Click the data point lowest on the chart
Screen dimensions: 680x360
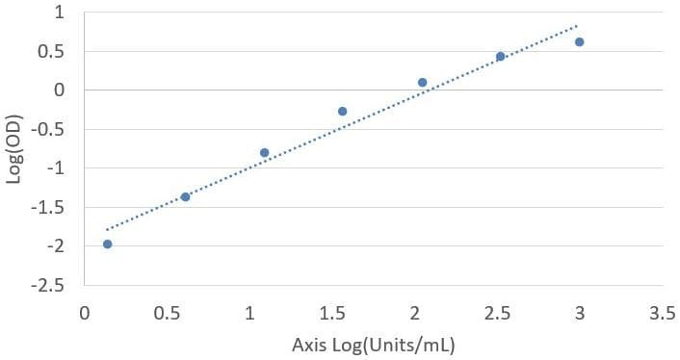[108, 244]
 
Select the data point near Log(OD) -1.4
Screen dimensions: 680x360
[185, 197]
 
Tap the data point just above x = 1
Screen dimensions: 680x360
[265, 152]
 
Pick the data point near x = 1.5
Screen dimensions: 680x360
[342, 112]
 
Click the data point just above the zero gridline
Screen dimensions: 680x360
[423, 83]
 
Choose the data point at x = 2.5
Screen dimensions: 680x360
[501, 57]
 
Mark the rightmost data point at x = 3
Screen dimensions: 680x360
[580, 42]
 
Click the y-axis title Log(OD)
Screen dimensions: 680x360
[13, 149]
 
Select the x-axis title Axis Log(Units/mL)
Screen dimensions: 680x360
[374, 346]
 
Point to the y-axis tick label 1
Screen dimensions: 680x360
[59, 13]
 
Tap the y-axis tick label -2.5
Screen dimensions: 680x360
[48, 286]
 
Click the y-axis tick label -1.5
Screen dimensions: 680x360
[48, 208]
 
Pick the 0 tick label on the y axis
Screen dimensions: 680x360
[59, 90]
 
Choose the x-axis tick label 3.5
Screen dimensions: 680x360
[663, 313]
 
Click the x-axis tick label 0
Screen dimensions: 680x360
[85, 313]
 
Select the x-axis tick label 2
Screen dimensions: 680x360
[415, 313]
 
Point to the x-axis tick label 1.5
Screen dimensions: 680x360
[332, 313]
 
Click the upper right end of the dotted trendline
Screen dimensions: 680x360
[577, 26]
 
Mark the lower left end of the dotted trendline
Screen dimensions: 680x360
[107, 230]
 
